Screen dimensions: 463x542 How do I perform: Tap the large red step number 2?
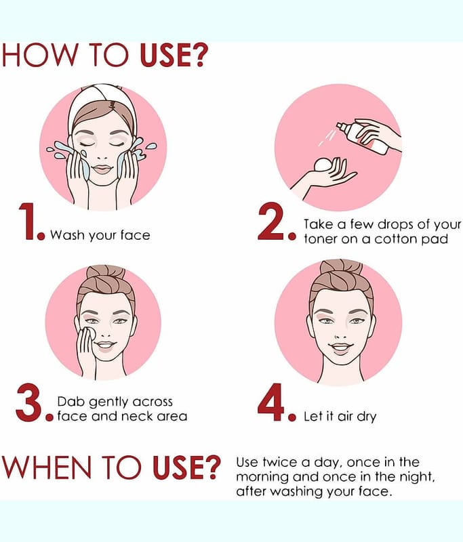coord(272,222)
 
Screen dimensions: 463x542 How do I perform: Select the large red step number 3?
coord(30,403)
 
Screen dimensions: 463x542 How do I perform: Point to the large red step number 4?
coord(271,402)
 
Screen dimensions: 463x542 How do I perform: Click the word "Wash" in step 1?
coord(67,235)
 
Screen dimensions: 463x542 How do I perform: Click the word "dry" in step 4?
coord(367,417)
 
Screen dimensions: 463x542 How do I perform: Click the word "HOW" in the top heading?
coord(40,55)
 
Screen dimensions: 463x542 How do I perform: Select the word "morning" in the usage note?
coord(262,478)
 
